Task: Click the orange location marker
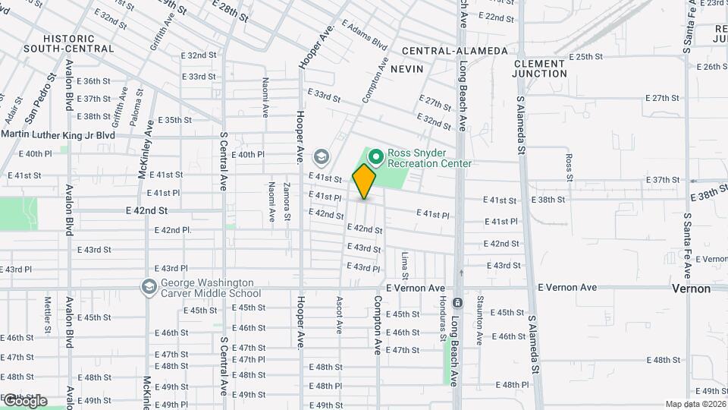point(365,181)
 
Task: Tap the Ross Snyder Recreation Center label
point(429,157)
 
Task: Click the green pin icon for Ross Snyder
point(375,156)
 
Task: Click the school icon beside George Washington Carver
point(148,287)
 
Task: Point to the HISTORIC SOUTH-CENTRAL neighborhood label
point(79,43)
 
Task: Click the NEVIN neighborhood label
point(406,68)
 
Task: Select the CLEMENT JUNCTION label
point(539,68)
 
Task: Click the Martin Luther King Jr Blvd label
point(58,135)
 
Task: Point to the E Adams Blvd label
point(364,35)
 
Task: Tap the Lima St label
point(404,265)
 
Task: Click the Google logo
point(24,401)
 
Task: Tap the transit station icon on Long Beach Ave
point(457,302)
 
